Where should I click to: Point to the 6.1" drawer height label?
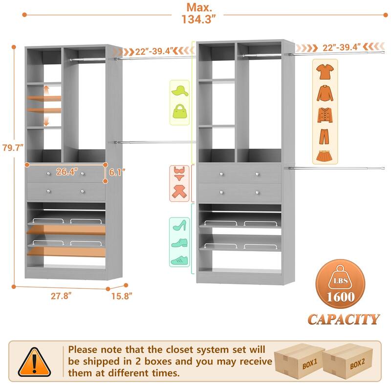click(x=117, y=172)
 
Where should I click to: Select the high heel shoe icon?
click(x=179, y=225)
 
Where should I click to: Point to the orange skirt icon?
click(x=325, y=155)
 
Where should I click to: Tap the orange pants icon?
click(x=325, y=136)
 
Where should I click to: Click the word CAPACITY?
click(x=343, y=319)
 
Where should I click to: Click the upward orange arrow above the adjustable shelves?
click(x=46, y=90)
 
